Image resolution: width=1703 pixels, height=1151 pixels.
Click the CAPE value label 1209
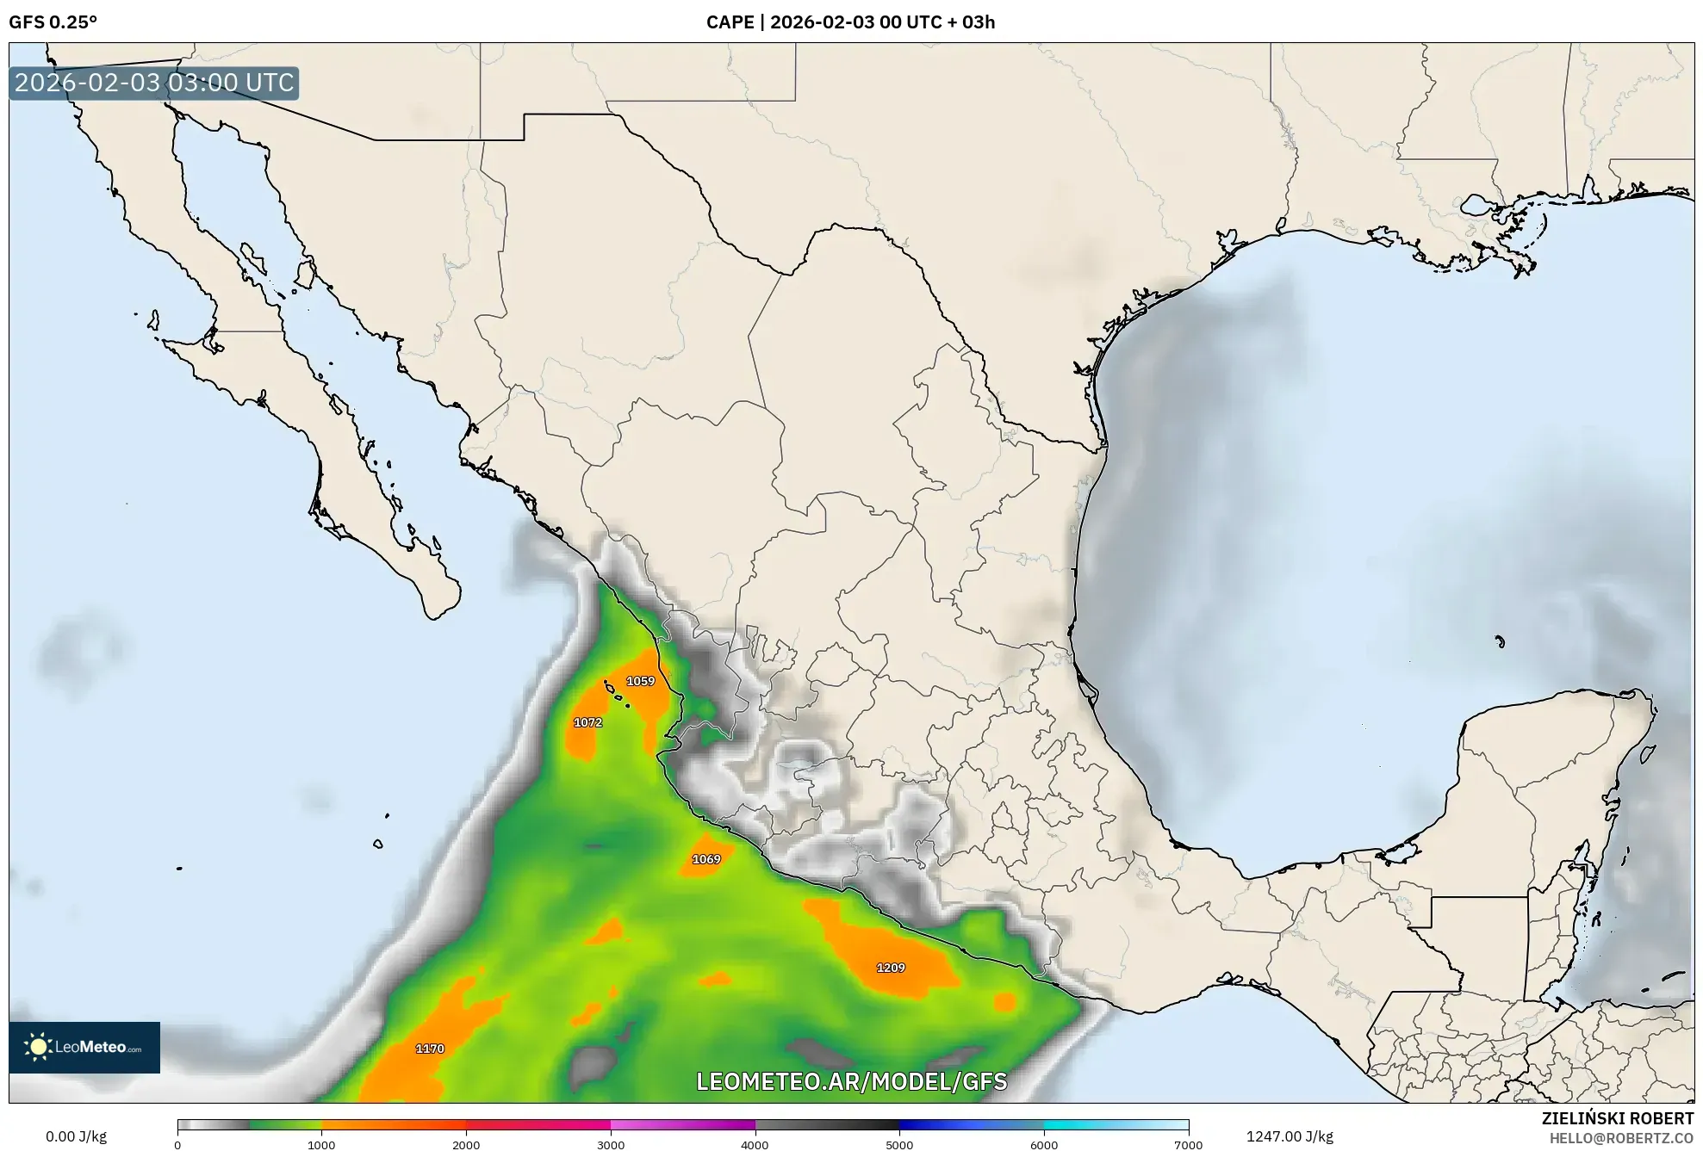pos(890,968)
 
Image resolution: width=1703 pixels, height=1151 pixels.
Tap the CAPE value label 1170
pos(430,1049)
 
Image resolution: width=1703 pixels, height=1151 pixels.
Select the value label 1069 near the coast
pos(705,859)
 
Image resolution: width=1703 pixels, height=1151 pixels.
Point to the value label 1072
pos(587,722)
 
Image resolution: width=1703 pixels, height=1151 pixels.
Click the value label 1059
pos(640,681)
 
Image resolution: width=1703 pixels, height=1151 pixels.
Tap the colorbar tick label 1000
pos(321,1145)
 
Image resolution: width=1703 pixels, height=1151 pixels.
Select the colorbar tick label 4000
pos(755,1145)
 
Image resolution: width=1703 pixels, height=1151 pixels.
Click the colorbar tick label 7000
pos(1188,1145)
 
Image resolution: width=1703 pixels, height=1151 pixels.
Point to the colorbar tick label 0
pos(178,1145)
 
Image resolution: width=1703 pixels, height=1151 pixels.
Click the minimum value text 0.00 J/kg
pos(76,1136)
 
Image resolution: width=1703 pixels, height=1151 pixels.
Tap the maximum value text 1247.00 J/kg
pos(1290,1136)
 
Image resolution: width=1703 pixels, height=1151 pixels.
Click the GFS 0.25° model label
pos(53,22)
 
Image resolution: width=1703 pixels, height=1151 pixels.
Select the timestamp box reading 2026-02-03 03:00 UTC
pos(154,83)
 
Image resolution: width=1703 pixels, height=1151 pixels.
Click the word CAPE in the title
pos(730,22)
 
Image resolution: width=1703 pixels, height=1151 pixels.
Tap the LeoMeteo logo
pos(84,1047)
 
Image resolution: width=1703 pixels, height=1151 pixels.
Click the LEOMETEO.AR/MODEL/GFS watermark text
pos(851,1081)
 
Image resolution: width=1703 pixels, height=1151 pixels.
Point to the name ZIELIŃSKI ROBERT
pos(1617,1118)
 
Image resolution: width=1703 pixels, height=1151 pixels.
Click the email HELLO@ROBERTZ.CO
pos(1621,1138)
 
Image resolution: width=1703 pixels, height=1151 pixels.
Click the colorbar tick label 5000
pos(899,1145)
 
